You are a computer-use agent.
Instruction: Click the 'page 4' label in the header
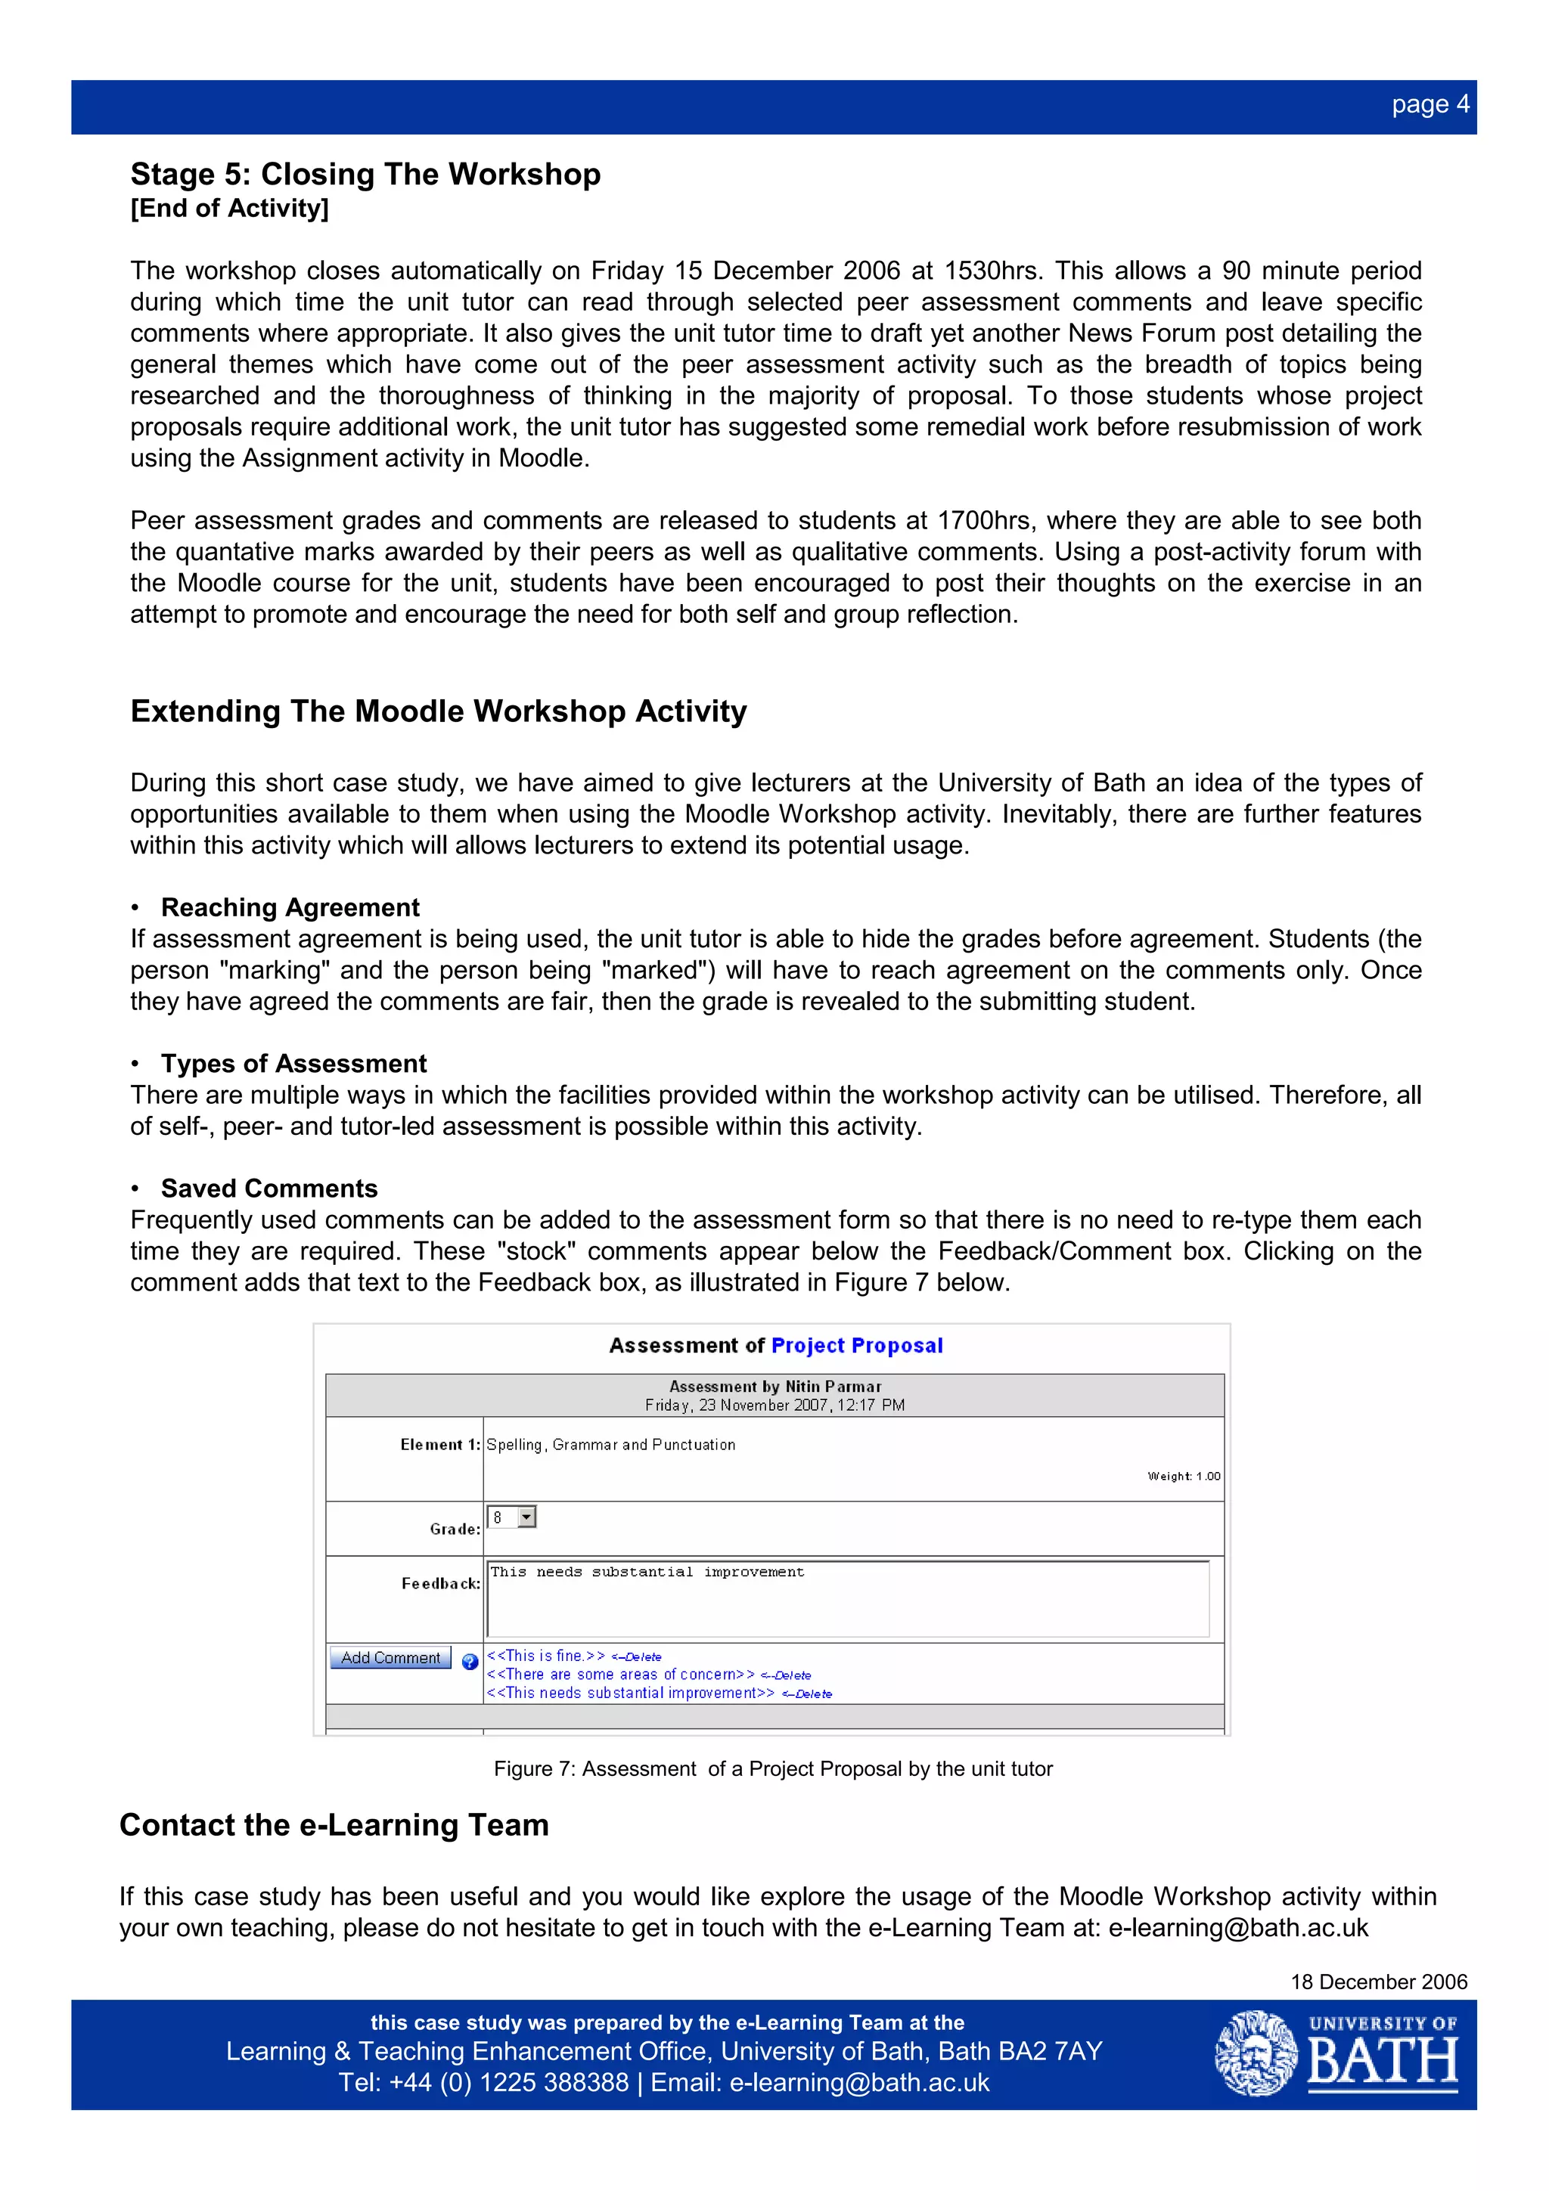click(x=1429, y=104)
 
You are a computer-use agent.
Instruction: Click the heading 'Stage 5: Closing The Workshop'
click(x=365, y=174)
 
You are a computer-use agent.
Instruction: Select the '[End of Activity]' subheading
click(x=229, y=208)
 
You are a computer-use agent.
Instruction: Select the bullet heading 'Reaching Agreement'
click(x=290, y=906)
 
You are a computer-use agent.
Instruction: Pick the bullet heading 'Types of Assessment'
click(x=294, y=1063)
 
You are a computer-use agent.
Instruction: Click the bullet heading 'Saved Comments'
click(x=269, y=1188)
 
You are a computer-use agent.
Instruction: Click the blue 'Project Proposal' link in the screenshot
click(x=856, y=1346)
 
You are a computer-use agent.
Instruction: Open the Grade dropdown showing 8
click(x=526, y=1517)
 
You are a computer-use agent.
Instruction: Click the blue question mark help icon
click(x=470, y=1661)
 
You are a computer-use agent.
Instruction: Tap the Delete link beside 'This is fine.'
click(x=638, y=1657)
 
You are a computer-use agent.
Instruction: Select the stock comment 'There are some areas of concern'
click(x=620, y=1675)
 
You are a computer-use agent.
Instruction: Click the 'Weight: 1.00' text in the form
click(x=1184, y=1477)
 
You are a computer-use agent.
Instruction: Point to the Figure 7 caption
click(x=773, y=1769)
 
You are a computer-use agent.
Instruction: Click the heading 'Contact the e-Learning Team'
click(x=334, y=1824)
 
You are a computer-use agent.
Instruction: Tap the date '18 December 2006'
click(x=1378, y=1982)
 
